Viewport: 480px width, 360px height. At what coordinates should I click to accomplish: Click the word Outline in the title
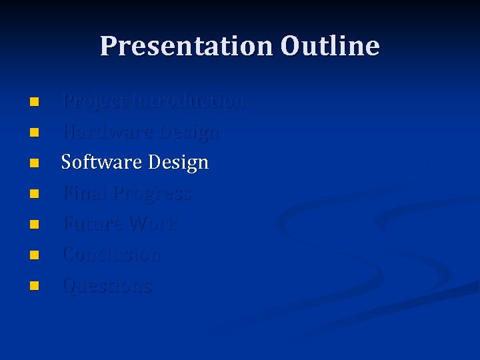tap(330, 46)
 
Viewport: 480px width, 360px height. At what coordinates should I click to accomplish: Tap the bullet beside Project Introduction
tap(35, 102)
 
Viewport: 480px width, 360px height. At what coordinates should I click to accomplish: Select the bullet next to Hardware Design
tap(35, 133)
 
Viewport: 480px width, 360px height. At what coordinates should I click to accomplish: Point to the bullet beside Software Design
tap(35, 163)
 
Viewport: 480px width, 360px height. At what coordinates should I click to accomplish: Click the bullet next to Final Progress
tap(35, 194)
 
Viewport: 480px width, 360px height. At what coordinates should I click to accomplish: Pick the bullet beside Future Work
tap(35, 225)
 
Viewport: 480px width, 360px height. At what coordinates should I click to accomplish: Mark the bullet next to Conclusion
tap(35, 255)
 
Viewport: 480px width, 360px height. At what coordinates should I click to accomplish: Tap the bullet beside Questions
tap(35, 286)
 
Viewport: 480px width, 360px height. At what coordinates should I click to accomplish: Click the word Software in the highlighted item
tap(101, 163)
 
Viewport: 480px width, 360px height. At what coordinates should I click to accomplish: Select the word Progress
tap(151, 194)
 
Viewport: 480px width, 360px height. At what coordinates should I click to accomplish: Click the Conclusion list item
tap(111, 255)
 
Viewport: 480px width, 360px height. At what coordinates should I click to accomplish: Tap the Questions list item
tap(107, 286)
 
